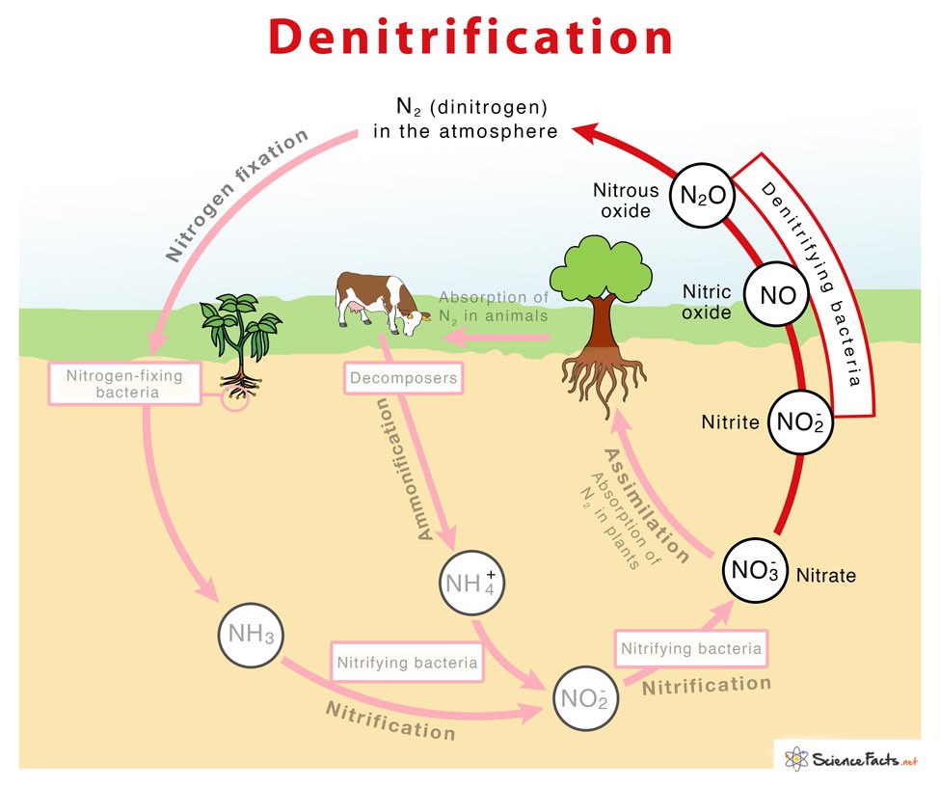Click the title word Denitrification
(470, 39)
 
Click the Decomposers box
(403, 378)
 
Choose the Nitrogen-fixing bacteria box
(124, 382)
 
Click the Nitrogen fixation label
(237, 194)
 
